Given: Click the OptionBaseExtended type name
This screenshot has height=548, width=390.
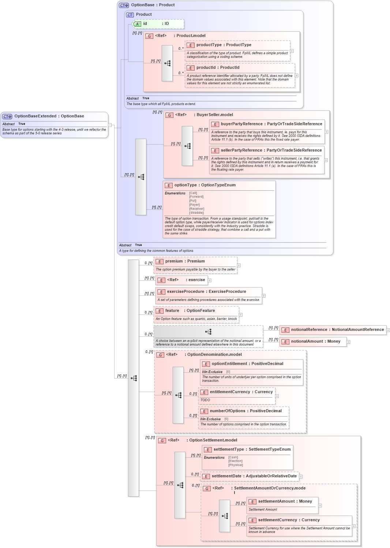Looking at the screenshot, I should (x=35, y=116).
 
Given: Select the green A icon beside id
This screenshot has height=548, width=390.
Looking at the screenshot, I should (x=137, y=24).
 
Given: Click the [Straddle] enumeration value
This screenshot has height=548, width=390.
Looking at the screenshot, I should (x=196, y=213).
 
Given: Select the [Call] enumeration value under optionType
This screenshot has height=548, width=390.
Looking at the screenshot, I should (x=193, y=193).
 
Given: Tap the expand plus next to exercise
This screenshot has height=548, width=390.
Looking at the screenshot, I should (x=210, y=280).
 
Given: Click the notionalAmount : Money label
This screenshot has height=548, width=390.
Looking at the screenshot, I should (x=315, y=342).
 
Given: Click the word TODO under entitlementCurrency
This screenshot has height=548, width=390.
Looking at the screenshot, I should (x=205, y=400).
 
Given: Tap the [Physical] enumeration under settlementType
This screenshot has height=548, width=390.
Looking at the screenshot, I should (x=236, y=465).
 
